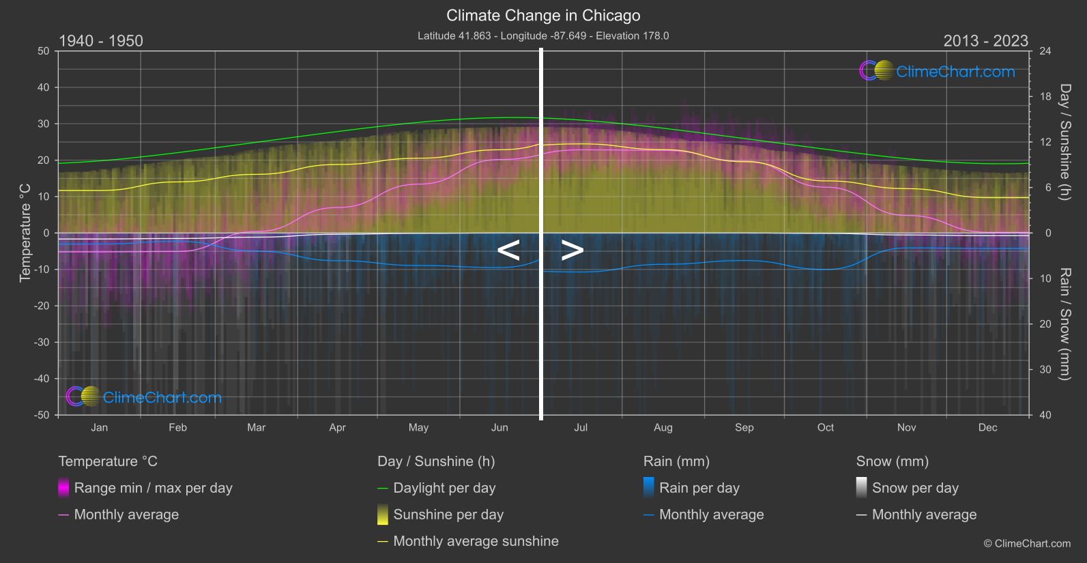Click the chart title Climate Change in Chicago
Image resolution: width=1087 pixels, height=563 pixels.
[543, 15]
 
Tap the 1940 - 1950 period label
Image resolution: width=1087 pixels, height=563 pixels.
[101, 41]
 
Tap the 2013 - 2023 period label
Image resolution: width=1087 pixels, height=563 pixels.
[985, 41]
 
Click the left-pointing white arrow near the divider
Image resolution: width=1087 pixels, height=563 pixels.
[508, 250]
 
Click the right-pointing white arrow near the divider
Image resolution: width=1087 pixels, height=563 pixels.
[573, 250]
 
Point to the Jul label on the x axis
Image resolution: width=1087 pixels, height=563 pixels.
[581, 428]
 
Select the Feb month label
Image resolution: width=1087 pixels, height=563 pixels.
[177, 428]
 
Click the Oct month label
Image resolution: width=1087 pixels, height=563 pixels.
[826, 428]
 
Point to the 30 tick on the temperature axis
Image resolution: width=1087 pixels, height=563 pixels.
[44, 124]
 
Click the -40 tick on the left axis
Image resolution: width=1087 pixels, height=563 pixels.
[42, 379]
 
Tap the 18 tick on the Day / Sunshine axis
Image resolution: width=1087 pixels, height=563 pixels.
[1045, 97]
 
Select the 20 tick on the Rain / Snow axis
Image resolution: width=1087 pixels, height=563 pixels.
[1045, 324]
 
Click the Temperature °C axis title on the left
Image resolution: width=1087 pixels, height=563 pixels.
[25, 233]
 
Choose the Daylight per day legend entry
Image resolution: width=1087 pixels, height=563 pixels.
[444, 488]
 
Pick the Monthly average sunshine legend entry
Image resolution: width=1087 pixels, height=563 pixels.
[476, 541]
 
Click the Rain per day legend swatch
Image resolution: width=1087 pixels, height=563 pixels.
[649, 488]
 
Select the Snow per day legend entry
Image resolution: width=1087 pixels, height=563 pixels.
[915, 488]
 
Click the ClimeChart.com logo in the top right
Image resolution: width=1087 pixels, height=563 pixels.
[938, 71]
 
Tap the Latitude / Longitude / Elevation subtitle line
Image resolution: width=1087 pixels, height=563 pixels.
[543, 35]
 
